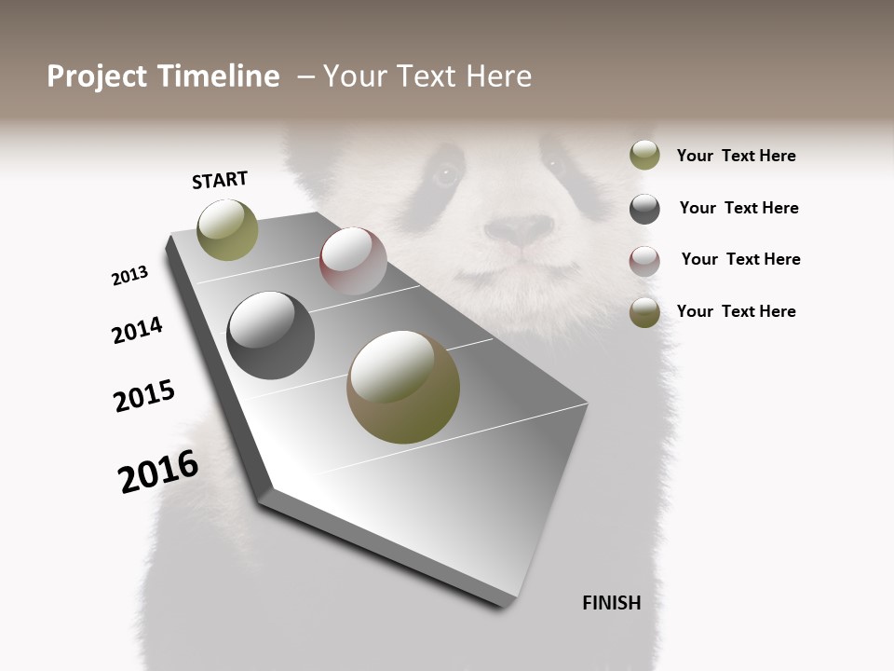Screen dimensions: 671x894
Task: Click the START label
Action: tap(220, 180)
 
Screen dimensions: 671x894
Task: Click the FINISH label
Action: tap(611, 603)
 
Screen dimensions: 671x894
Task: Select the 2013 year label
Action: tap(129, 276)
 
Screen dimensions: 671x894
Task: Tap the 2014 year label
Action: tap(137, 330)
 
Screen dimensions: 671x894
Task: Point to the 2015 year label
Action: tap(144, 395)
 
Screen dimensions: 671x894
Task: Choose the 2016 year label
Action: tap(158, 472)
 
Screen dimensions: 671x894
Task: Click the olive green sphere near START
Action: tap(227, 229)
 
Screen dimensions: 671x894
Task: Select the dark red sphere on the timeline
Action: tap(353, 261)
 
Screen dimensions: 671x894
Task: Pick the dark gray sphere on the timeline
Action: tap(270, 335)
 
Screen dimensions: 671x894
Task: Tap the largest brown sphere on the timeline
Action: tap(403, 387)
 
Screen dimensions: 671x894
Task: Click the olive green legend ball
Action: tap(644, 155)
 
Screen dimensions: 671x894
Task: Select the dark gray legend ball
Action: tap(644, 209)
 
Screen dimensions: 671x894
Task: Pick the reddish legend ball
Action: tap(644, 261)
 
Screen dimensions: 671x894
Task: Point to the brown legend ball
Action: tap(644, 312)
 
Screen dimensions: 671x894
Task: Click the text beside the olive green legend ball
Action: tap(736, 156)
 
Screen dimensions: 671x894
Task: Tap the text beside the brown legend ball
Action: tap(736, 311)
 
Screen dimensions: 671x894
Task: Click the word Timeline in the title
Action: tap(219, 76)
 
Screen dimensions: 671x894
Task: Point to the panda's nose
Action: tap(519, 229)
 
